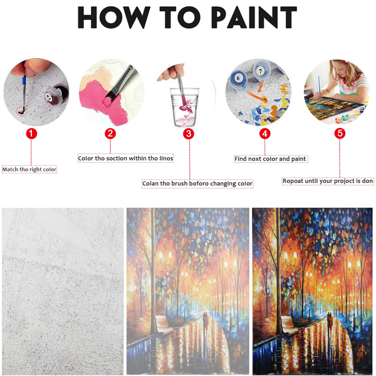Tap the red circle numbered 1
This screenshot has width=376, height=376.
tap(31, 133)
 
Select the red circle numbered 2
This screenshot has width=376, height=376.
tap(110, 133)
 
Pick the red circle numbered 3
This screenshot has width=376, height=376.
tap(189, 134)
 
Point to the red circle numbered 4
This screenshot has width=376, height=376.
tap(265, 134)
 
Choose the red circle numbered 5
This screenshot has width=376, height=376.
tap(340, 133)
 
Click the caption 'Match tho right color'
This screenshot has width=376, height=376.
tap(29, 170)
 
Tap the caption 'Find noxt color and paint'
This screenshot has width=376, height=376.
tap(271, 159)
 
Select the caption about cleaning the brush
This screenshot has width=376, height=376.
tap(197, 184)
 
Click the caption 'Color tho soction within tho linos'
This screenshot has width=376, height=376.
tap(125, 159)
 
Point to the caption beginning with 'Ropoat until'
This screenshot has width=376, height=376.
tap(328, 181)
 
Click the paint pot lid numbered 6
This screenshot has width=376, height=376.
tap(238, 78)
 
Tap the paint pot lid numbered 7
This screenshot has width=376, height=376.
tap(261, 70)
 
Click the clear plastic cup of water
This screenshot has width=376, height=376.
tap(184, 107)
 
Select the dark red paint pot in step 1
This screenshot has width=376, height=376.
tap(57, 94)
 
